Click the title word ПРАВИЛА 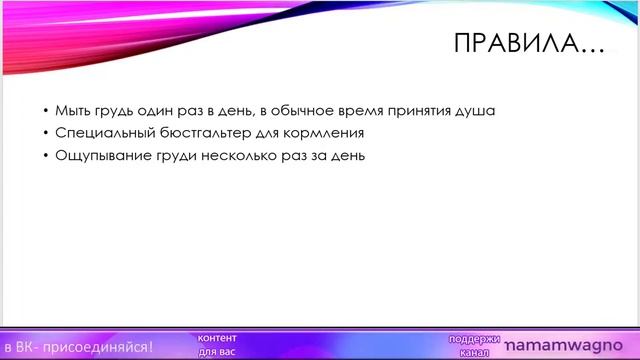[x=511, y=46]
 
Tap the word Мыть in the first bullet [x=72, y=111]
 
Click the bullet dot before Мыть [x=45, y=112]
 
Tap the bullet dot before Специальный [x=45, y=134]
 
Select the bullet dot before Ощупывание [x=45, y=157]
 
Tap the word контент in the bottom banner [x=217, y=338]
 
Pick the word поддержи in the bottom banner [x=474, y=338]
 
